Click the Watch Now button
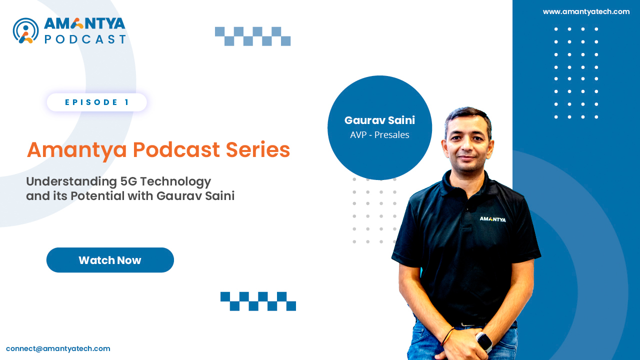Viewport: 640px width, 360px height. (110, 260)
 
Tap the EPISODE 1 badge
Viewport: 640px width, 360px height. (97, 102)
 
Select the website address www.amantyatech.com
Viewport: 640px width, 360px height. (586, 11)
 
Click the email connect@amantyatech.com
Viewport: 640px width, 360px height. (58, 348)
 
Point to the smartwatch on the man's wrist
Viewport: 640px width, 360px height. (484, 341)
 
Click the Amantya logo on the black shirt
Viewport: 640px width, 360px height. (492, 219)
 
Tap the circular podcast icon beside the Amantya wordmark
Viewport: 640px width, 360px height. (25, 31)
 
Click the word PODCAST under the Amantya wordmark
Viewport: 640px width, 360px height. (85, 39)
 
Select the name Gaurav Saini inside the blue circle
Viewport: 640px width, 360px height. (379, 120)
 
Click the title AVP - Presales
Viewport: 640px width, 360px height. (379, 135)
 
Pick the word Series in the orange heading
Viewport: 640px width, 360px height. (257, 149)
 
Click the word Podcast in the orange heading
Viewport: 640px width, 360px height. (176, 149)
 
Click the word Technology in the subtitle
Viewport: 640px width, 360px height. (175, 182)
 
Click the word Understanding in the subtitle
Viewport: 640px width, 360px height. (71, 182)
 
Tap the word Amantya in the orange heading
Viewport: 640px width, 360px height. (76, 150)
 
